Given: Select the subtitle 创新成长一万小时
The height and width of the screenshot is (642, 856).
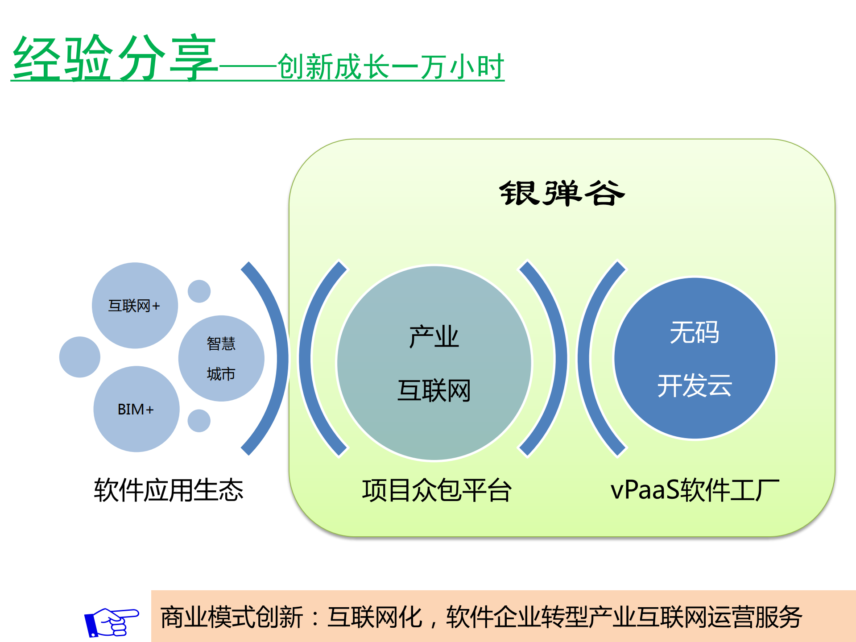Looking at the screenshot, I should click(390, 67).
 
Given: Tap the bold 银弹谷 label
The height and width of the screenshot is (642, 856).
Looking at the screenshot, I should click(562, 194).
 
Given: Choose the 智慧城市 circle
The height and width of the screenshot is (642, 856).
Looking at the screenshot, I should click(221, 358).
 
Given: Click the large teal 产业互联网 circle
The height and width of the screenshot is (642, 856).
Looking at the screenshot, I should click(434, 362).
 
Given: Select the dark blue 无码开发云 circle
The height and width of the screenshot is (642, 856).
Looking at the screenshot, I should click(695, 358).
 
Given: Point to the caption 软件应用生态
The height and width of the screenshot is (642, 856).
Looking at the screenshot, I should click(169, 490).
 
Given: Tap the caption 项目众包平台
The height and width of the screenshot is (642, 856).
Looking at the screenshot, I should click(437, 490).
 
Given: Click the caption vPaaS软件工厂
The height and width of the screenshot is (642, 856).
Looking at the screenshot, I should click(695, 490).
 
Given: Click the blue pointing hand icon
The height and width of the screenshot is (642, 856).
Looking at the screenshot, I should click(112, 621).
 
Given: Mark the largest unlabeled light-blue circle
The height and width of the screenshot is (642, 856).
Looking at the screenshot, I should click(80, 357).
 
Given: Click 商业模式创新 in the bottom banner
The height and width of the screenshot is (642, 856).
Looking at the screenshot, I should click(232, 617).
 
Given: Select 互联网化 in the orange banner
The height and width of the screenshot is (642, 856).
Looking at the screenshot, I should click(375, 617).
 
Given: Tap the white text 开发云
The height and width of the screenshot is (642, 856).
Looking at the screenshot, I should click(695, 385).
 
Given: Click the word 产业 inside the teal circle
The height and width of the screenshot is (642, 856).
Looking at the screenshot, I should click(434, 337).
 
